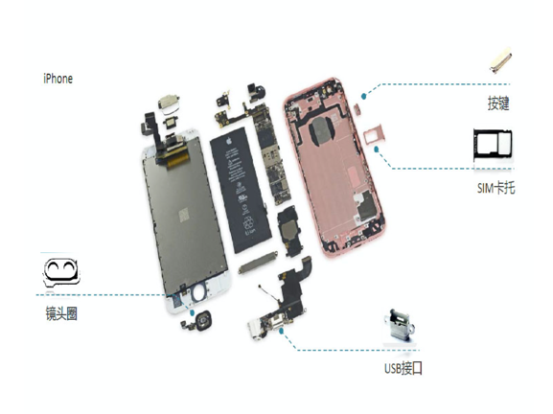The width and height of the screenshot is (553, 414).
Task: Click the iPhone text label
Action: pos(58,79)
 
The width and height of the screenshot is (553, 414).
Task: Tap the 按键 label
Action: pos(498,103)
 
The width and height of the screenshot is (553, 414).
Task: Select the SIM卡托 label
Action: pos(495,187)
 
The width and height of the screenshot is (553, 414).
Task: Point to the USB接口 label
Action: pos(403,369)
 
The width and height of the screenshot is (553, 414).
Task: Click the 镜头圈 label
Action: pos(61,313)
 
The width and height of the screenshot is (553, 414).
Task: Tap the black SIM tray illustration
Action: pos(493,145)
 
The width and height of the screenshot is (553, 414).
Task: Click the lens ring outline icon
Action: pos(61,272)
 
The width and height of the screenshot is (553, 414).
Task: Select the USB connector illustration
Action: pos(400,325)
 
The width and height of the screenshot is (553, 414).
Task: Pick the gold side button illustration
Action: pos(500,60)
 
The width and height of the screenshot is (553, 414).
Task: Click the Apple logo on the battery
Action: pos(229,142)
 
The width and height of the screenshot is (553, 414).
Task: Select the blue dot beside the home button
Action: pos(193,312)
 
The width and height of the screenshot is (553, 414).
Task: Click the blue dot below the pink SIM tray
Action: pos(377,149)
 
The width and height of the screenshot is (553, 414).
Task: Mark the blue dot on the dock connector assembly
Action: pos(281,331)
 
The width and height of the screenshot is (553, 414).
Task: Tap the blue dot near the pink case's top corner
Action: pos(364,96)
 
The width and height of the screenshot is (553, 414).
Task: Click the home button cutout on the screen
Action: pos(199,292)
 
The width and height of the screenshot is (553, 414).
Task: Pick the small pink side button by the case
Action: pos(357,109)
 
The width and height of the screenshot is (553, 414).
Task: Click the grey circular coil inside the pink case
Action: pos(321,131)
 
